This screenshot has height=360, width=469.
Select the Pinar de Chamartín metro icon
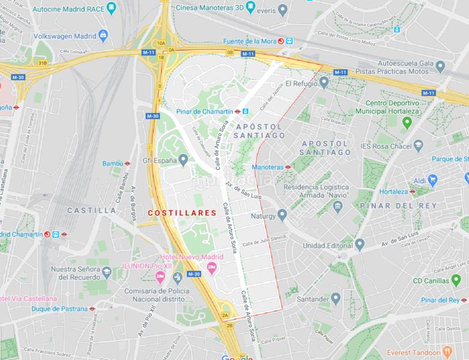[238, 111]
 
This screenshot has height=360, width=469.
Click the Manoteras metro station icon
[288, 167]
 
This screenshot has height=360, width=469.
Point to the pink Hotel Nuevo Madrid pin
[160, 277]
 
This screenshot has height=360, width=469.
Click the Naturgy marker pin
[283, 214]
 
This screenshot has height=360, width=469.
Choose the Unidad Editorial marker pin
[359, 245]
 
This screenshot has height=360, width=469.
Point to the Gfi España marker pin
[183, 160]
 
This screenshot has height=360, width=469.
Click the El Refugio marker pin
[324, 83]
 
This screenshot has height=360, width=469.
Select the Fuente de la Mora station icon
[289, 41]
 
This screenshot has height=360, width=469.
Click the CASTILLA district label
[92, 211]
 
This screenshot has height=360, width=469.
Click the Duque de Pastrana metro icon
[92, 308]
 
